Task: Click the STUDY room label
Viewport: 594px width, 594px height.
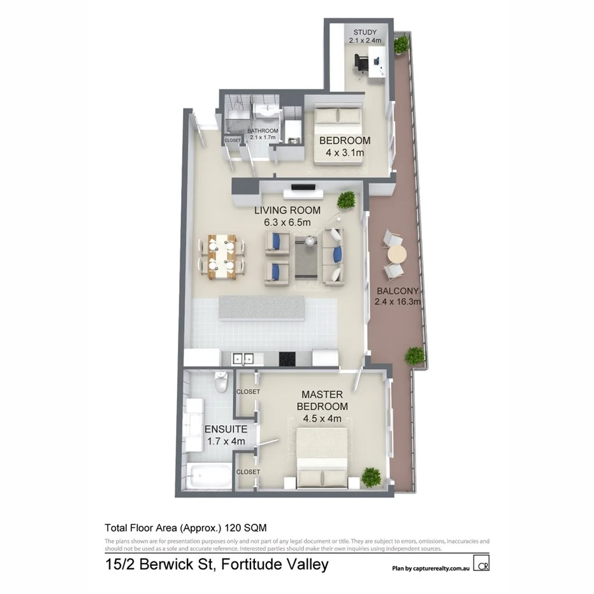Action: click(363, 32)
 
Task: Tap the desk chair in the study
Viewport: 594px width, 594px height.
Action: click(361, 62)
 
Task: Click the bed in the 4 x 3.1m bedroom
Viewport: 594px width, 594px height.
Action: click(338, 136)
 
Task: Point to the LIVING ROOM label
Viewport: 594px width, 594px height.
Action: click(287, 210)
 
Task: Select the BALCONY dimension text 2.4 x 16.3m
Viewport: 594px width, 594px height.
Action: click(398, 302)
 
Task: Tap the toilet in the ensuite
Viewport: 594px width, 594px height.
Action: click(220, 383)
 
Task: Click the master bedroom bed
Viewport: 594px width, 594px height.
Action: click(322, 457)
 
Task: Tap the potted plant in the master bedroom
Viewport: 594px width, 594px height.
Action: click(370, 475)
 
